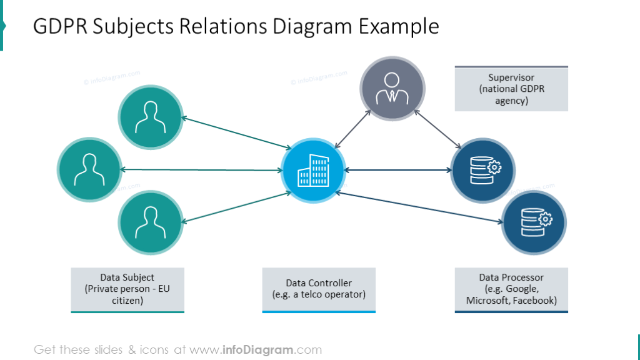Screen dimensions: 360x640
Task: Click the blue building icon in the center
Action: point(312,170)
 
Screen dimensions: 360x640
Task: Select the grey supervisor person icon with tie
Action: point(392,88)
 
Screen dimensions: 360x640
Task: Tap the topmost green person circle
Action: point(150,117)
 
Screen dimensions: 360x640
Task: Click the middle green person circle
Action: point(89,169)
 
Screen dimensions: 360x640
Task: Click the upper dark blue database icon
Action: point(483,170)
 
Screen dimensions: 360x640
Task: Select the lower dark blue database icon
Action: point(534,222)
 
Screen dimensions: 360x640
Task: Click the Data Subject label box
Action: point(127,289)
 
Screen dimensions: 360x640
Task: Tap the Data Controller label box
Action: point(319,289)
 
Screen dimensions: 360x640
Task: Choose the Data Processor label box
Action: point(511,289)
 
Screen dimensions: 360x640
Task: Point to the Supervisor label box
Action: point(511,89)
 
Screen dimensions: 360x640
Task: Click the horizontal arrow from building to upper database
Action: point(397,170)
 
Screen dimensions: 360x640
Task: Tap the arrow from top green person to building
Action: point(236,133)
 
